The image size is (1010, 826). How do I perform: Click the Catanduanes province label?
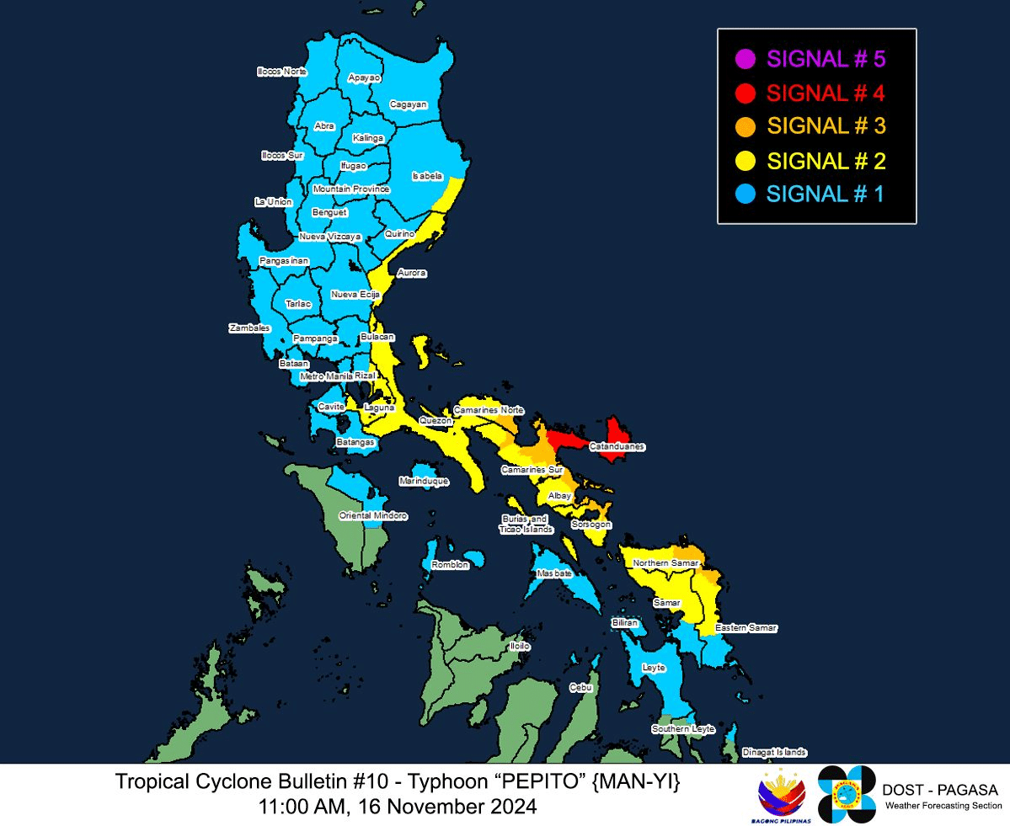(617, 446)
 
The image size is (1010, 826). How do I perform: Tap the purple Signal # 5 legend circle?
(745, 60)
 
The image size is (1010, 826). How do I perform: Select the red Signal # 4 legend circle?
(745, 93)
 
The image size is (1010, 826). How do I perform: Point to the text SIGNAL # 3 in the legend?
(826, 126)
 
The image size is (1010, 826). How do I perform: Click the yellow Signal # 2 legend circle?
(745, 160)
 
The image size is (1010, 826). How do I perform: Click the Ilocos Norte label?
(282, 72)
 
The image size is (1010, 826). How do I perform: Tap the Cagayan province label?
(409, 105)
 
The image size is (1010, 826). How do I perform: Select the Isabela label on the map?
(427, 176)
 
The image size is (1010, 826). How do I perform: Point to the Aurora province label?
(412, 274)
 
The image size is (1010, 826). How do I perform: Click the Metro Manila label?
(326, 376)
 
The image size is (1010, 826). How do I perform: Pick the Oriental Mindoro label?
(373, 515)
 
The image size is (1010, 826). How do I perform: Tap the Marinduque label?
(424, 482)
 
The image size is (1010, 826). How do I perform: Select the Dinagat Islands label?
(774, 753)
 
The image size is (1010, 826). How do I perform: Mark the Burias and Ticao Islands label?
(526, 524)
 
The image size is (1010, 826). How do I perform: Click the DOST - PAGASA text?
(940, 790)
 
